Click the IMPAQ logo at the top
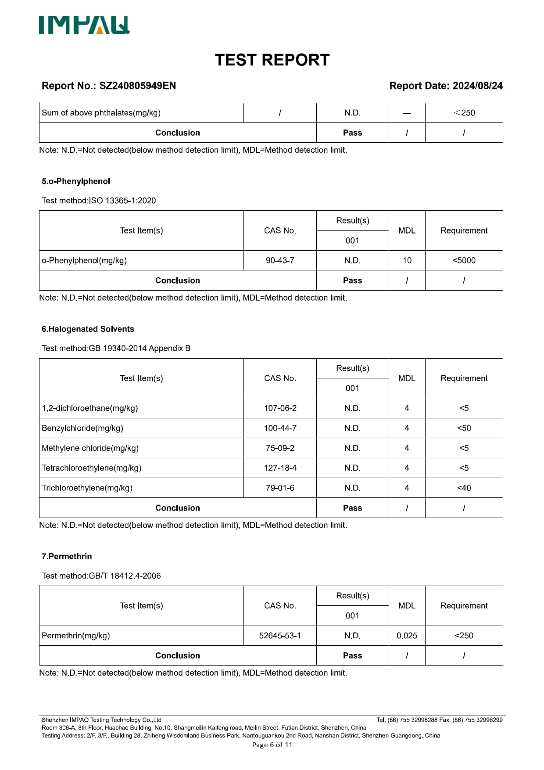click(84, 25)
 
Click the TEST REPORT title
click(272, 60)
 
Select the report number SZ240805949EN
click(137, 86)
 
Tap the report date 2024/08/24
click(477, 86)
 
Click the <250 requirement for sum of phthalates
click(464, 113)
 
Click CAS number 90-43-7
click(280, 260)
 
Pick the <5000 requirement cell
click(464, 260)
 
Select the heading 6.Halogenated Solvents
click(88, 329)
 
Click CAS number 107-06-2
click(280, 408)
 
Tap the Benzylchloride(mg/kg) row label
click(82, 428)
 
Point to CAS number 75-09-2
click(280, 448)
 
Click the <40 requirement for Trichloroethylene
click(464, 488)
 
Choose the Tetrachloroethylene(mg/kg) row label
click(91, 468)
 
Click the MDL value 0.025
click(407, 636)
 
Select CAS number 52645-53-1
click(280, 636)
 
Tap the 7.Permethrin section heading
click(67, 556)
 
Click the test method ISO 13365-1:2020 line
click(99, 201)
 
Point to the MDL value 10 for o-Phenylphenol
click(407, 260)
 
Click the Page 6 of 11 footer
click(272, 745)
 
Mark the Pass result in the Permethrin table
click(352, 655)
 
